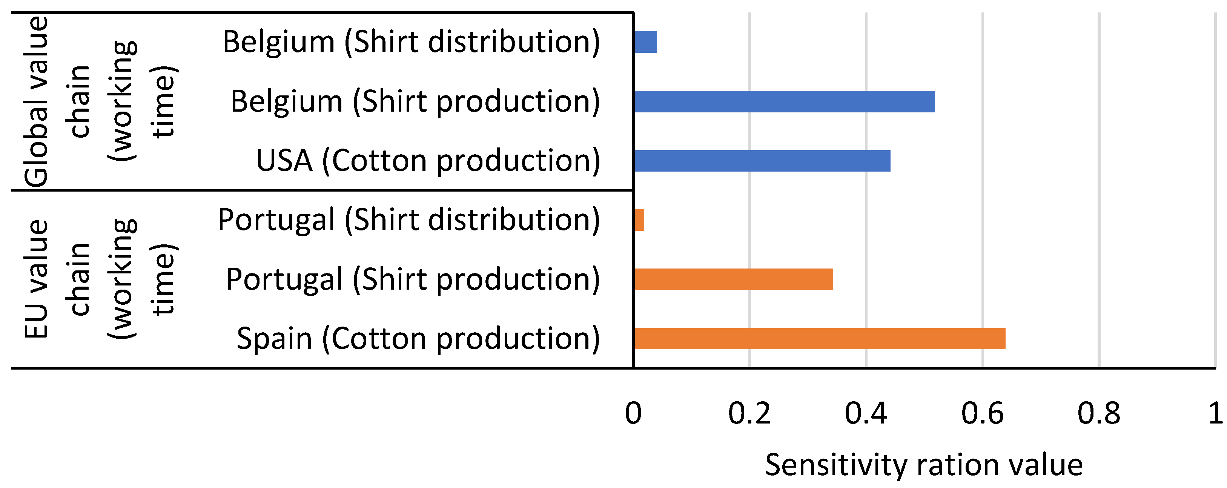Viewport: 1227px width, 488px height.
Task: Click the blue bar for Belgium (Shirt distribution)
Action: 645,42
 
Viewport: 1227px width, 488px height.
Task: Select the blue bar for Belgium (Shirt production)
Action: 784,101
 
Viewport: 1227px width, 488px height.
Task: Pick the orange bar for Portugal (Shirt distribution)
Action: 639,220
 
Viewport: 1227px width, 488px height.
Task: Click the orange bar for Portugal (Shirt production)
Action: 734,279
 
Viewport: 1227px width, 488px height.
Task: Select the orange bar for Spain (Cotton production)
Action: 819,339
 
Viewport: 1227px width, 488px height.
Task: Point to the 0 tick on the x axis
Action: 633,413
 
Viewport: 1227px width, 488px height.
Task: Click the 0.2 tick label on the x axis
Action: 749,413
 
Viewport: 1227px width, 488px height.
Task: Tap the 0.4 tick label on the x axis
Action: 866,413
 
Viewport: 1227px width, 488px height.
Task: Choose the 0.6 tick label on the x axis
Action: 982,413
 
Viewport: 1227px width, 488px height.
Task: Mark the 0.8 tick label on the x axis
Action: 1098,413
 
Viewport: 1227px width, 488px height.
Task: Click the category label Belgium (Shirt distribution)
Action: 411,42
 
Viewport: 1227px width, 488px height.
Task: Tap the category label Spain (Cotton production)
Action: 418,339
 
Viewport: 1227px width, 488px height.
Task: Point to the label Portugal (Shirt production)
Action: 413,279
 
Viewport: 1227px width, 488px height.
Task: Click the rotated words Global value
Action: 36,101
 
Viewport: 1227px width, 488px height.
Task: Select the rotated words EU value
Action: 36,279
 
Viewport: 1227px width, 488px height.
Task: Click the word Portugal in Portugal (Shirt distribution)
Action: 276,220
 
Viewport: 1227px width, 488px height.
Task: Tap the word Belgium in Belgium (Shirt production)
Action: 286,101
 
